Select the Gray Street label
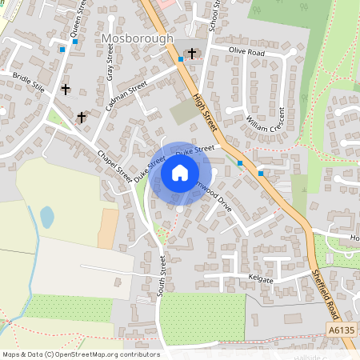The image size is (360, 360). pyautogui.click(x=110, y=62)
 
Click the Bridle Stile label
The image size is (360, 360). pyautogui.click(x=29, y=82)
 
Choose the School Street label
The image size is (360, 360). pyautogui.click(x=214, y=15)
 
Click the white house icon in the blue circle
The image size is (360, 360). pyautogui.click(x=180, y=172)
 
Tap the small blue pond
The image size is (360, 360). pyautogui.click(x=47, y=217)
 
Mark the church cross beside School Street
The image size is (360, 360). pyautogui.click(x=192, y=53)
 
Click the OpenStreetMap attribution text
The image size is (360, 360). pyautogui.click(x=80, y=354)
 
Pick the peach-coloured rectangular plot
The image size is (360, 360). pyautogui.click(x=108, y=229)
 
